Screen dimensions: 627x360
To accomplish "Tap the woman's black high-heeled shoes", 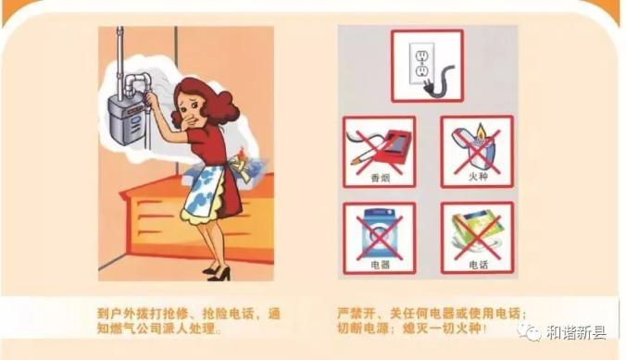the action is [x=217, y=273].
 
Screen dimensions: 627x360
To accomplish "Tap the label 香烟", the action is [x=380, y=178].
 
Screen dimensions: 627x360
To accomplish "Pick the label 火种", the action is [x=478, y=176].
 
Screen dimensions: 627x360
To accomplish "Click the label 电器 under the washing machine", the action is [x=380, y=265].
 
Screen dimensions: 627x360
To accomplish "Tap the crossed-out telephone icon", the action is [x=476, y=234].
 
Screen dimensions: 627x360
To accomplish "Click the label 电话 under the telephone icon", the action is [x=478, y=265].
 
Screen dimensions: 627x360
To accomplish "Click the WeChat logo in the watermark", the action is [x=530, y=331].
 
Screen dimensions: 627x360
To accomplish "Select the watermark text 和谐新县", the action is [x=576, y=332].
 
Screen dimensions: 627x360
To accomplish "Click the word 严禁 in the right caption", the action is [x=352, y=313].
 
